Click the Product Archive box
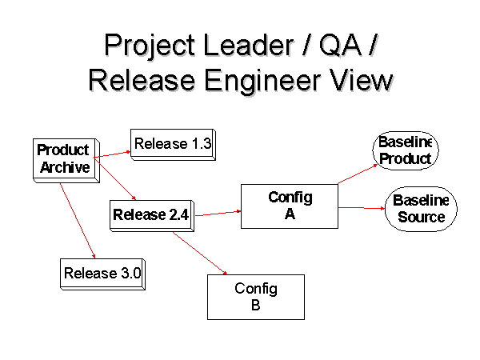coord(66,161)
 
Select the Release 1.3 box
coord(173,145)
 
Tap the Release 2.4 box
coord(152,216)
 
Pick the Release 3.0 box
coord(102,274)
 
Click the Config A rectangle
coord(290,206)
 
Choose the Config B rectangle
coord(256,297)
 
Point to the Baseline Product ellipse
coord(406,150)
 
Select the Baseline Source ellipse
coord(421,209)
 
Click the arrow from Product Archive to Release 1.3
coord(112,154)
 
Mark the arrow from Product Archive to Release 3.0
coord(78,221)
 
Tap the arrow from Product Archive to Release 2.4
coord(114,178)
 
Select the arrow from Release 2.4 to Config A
coord(218,214)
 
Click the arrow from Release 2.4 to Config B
coord(200,253)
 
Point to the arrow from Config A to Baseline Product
coord(358,174)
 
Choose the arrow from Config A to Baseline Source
coord(362,208)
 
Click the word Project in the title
coord(150,46)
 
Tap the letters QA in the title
coord(340,46)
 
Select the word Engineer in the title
coord(262,81)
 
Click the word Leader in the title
coord(248,45)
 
